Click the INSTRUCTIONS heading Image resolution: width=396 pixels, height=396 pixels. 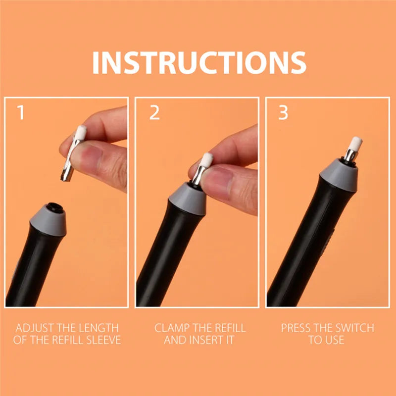[x=199, y=62]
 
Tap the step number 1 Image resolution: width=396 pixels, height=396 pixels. [x=20, y=112]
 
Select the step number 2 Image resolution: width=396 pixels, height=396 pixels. [x=154, y=112]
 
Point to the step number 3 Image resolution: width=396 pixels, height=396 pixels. [x=283, y=112]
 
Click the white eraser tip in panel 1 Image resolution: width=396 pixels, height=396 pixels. [x=81, y=132]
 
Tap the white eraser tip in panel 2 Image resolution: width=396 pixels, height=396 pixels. [x=206, y=160]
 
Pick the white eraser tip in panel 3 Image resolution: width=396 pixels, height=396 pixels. [x=355, y=144]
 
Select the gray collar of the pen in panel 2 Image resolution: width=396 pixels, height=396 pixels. [x=188, y=199]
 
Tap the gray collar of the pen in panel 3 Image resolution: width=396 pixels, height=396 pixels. [x=339, y=175]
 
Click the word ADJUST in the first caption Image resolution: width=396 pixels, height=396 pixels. [x=35, y=328]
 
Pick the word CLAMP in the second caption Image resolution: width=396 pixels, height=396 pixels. [x=171, y=328]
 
